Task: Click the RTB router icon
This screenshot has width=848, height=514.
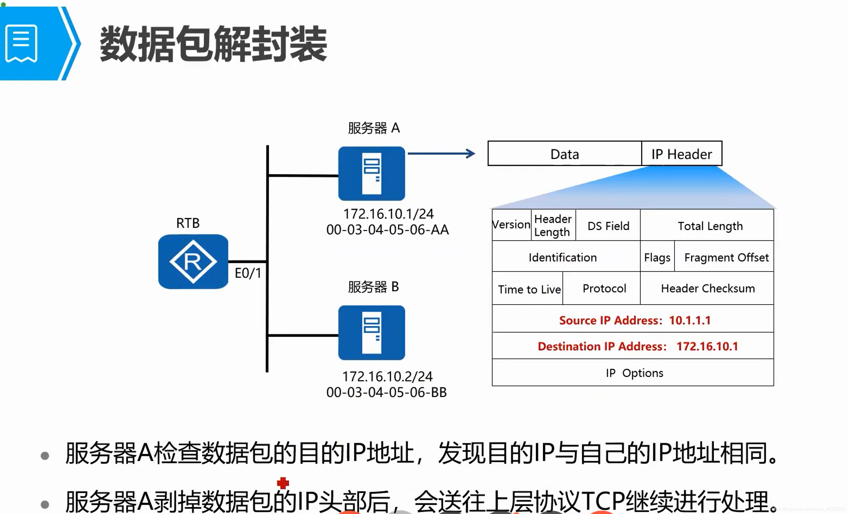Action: tap(193, 261)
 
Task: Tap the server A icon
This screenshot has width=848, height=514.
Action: tap(371, 174)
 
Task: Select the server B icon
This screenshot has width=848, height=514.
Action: tap(371, 333)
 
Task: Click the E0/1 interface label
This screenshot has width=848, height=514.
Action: tap(248, 273)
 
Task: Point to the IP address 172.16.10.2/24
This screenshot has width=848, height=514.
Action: tap(387, 376)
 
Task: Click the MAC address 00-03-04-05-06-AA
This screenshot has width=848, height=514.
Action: tap(388, 229)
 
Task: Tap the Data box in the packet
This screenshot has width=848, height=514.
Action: tap(565, 154)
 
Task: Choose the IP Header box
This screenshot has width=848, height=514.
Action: tap(681, 154)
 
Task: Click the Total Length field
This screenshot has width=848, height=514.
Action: tap(710, 226)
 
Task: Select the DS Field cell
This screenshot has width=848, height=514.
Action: tap(608, 226)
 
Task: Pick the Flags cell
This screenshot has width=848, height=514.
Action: tap(657, 257)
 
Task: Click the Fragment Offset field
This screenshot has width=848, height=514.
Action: tap(726, 257)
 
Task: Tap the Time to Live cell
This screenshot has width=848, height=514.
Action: tap(529, 289)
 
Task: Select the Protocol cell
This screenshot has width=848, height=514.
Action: tap(604, 288)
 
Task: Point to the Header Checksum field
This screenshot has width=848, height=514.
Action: tap(707, 288)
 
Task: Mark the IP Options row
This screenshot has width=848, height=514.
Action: tap(634, 372)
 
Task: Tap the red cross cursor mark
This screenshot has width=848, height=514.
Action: tap(283, 483)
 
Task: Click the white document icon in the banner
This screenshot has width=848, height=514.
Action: tap(21, 43)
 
